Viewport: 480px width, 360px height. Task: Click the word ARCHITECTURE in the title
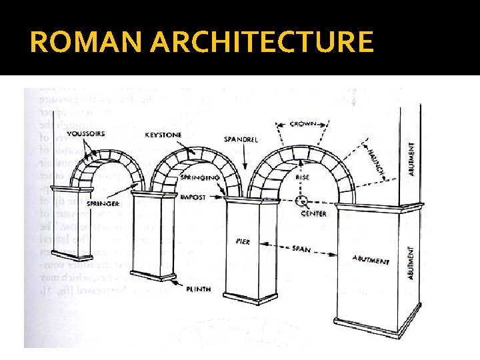(x=262, y=42)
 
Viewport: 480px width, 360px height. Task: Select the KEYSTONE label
(x=163, y=135)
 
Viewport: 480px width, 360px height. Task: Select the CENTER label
(x=313, y=214)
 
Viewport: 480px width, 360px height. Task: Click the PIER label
(x=242, y=241)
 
